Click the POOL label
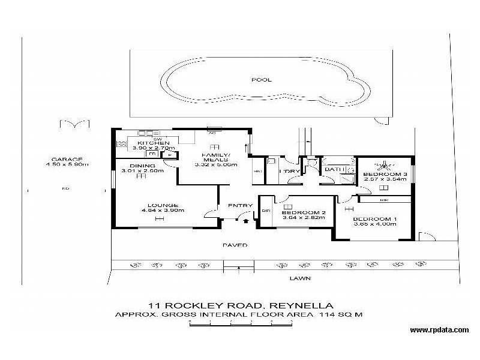tap(261, 79)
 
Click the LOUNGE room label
tap(163, 205)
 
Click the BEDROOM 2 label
tap(303, 212)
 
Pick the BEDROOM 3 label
tap(385, 175)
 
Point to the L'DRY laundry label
tap(292, 172)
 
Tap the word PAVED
tap(235, 245)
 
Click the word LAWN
tap(296, 278)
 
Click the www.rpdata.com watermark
tap(439, 330)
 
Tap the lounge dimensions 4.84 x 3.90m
tap(163, 211)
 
